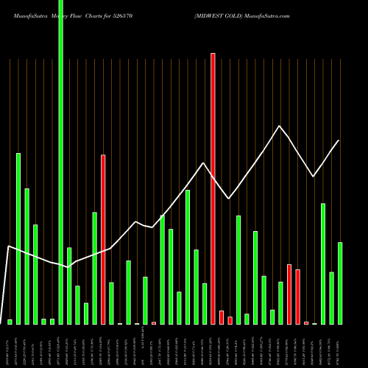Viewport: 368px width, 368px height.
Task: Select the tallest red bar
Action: pos(213,188)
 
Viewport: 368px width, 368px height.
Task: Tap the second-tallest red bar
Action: pos(103,239)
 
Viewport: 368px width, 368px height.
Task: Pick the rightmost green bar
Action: pos(340,283)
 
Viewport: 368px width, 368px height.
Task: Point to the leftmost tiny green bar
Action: pos(10,322)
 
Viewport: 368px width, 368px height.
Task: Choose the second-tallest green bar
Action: pos(18,238)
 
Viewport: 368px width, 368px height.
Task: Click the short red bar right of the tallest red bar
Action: pos(222,317)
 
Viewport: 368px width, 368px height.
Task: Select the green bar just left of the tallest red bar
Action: pos(205,303)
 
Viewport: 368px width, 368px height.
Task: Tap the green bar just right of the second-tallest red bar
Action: pos(111,302)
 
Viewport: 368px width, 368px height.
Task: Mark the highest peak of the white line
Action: pos(279,126)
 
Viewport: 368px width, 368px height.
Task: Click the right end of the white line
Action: pos(339,141)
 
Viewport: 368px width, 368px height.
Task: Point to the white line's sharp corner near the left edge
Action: pos(8,246)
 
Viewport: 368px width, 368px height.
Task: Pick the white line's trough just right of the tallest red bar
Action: pos(229,199)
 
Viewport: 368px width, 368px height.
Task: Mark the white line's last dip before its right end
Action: pos(314,177)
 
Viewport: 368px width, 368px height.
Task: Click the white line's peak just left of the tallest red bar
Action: pos(203,163)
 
